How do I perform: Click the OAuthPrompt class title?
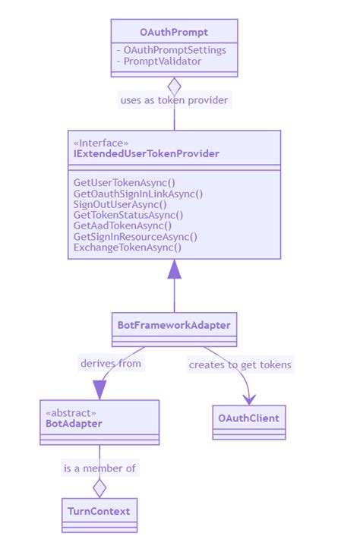coord(174,32)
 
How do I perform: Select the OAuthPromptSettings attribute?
coord(171,50)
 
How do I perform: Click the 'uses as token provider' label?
coord(174,99)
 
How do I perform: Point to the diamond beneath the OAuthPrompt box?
coord(174,86)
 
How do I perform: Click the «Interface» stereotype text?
coord(100,143)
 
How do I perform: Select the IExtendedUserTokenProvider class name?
coord(146,154)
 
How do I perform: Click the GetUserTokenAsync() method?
coord(124,183)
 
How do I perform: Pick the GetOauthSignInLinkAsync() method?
coord(137,194)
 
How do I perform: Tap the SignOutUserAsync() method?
coord(120,204)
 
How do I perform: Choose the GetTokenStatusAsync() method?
coord(128,215)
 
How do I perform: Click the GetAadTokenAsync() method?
coord(122,225)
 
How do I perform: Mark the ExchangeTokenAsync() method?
coord(128,247)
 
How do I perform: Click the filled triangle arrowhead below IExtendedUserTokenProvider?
coord(175,270)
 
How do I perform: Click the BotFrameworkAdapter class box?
coord(174,325)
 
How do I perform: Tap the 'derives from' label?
coord(111,363)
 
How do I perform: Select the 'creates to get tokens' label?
coord(240,365)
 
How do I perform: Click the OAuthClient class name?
coord(248,418)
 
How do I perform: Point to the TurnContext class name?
coord(99,511)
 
